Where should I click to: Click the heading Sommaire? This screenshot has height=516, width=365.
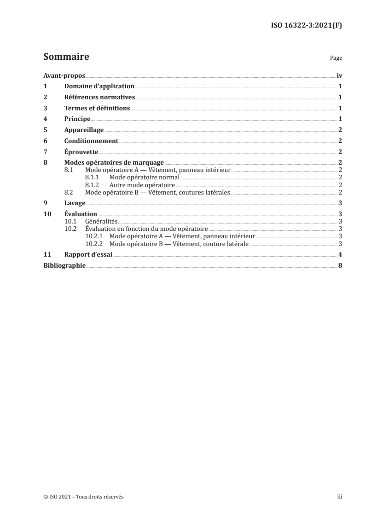pos(66,57)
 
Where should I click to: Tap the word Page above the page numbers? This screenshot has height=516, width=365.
pos(336,58)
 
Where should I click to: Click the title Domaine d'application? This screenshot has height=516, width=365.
pos(99,86)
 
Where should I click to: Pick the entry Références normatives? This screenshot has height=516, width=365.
pos(99,97)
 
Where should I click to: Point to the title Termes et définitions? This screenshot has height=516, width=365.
pos(97,108)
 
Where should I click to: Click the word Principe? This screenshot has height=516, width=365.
pos(77,119)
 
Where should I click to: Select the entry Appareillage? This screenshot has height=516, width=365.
pos(84,130)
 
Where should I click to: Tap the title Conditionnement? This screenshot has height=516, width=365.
pos(92,141)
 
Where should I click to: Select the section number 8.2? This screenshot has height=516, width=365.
pos(69,192)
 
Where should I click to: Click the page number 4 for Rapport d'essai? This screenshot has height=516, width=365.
pos(340,255)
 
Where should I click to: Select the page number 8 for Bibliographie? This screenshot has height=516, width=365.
pos(340,266)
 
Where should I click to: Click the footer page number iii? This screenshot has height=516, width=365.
pos(340,497)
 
